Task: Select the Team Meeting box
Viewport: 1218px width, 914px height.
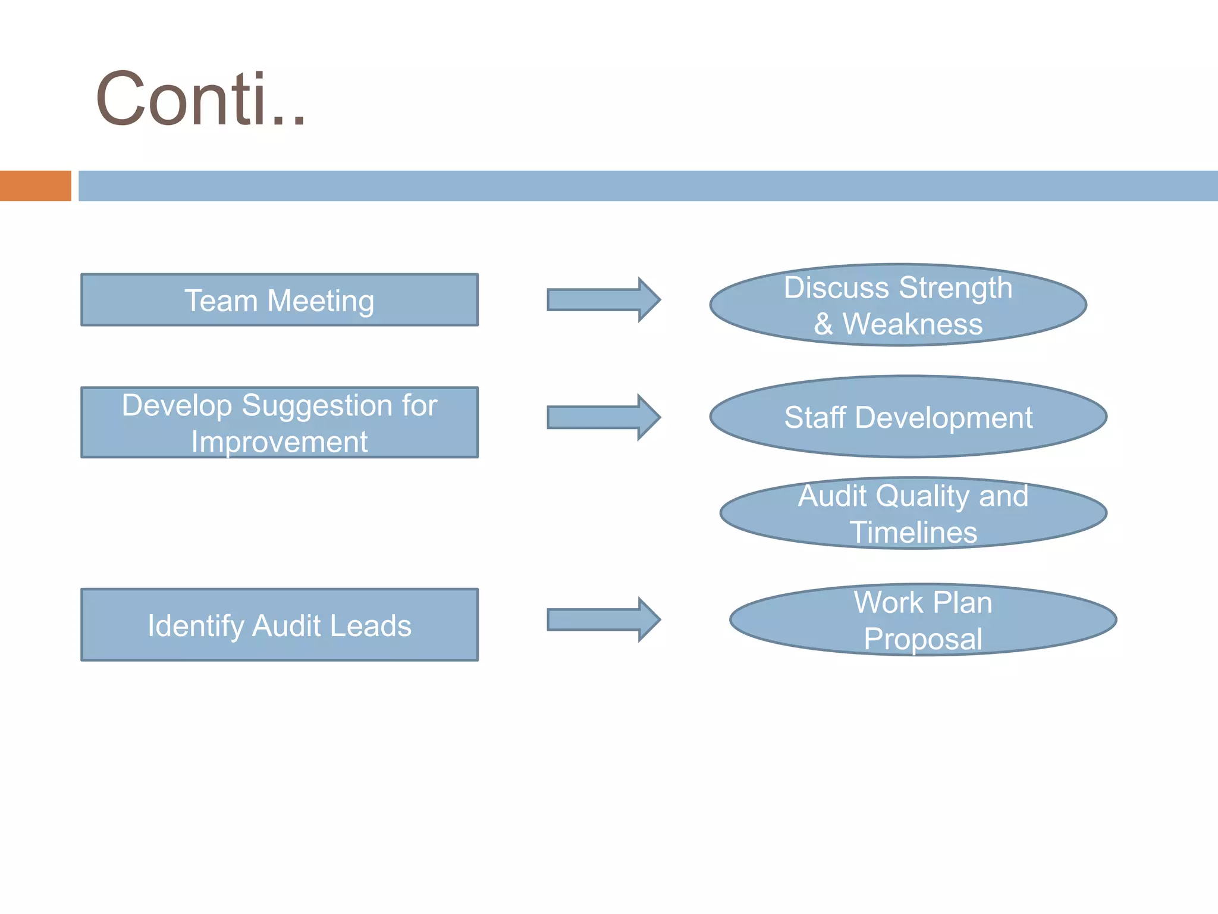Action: tap(280, 300)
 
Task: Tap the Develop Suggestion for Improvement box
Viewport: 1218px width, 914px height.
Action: tap(280, 422)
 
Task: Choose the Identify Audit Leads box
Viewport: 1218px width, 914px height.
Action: tap(280, 625)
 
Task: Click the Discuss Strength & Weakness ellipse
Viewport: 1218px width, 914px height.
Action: tap(898, 305)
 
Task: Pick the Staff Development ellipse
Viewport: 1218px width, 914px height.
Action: tap(908, 417)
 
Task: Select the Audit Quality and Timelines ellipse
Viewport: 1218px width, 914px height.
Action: tap(913, 513)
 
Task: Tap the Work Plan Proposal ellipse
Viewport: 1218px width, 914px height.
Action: tap(923, 619)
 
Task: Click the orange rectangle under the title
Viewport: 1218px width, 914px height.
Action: tap(36, 186)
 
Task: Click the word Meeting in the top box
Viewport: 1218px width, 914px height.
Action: tap(321, 301)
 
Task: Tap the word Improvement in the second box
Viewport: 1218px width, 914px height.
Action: tap(280, 442)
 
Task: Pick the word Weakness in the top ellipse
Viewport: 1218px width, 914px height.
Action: tap(912, 324)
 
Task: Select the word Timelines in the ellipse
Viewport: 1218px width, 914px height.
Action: tap(913, 532)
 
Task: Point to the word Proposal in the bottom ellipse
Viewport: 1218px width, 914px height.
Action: tap(923, 639)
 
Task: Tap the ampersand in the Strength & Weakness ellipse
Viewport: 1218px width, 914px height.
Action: tap(823, 325)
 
